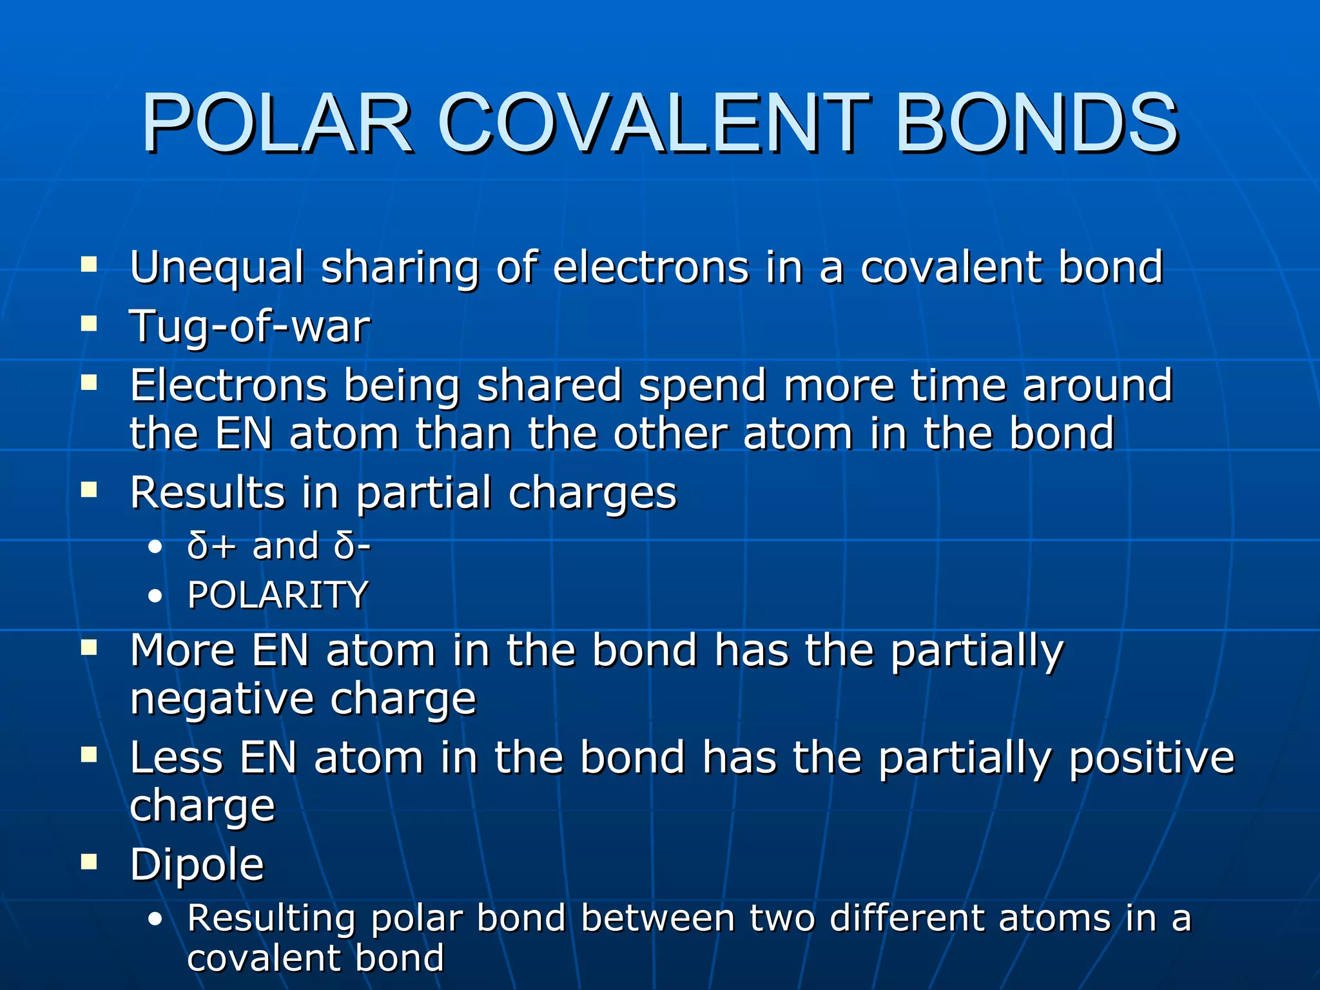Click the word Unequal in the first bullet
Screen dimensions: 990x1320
[x=217, y=268]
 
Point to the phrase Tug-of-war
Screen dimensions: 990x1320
[x=250, y=326]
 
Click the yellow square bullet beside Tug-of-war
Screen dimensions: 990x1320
[x=89, y=323]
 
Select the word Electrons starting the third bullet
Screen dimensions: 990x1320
[x=229, y=385]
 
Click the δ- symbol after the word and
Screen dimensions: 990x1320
[x=352, y=547]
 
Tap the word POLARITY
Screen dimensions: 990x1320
[x=277, y=595]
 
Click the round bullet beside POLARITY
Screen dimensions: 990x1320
[x=155, y=597]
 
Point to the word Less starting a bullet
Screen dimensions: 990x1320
[x=177, y=757]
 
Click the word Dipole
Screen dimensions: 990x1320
[x=197, y=865]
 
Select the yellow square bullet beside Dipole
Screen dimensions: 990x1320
[x=89, y=862]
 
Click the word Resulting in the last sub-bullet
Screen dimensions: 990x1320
[x=271, y=919]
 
